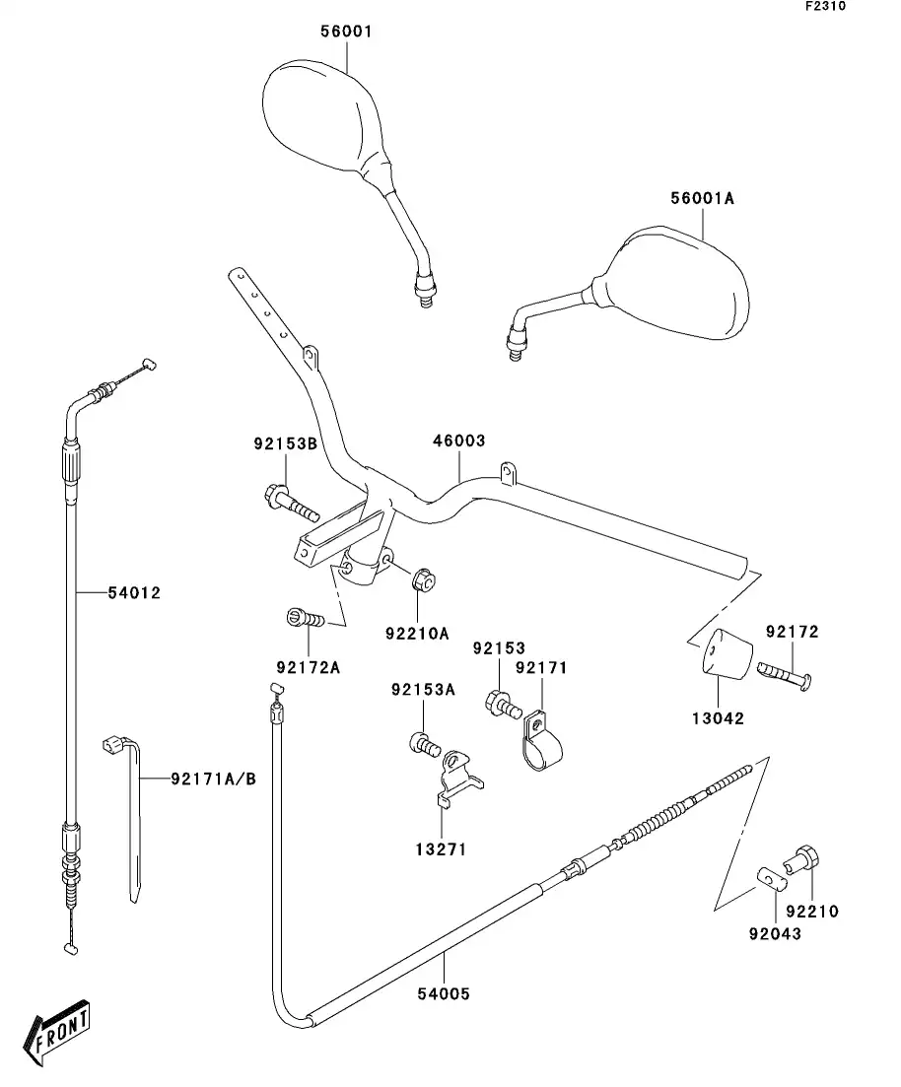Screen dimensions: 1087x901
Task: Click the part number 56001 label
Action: coord(345,32)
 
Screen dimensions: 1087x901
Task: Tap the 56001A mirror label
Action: coord(703,198)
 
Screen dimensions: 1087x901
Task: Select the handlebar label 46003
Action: coord(458,441)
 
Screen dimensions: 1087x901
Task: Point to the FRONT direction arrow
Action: coord(58,1034)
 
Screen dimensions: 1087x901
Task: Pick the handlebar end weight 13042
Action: coord(726,652)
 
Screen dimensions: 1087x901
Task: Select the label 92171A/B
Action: coord(212,779)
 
